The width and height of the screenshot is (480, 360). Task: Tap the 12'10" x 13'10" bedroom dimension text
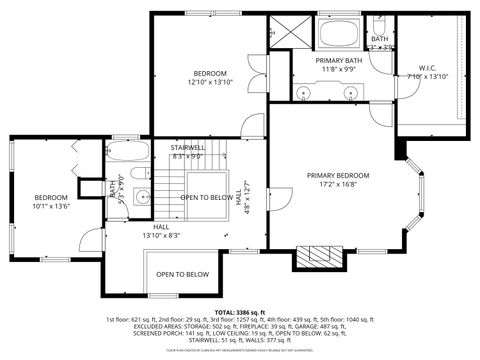pyautogui.click(x=210, y=82)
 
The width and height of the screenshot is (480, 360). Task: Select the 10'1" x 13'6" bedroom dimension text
pyautogui.click(x=52, y=207)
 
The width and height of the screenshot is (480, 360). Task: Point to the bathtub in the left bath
pyautogui.click(x=126, y=155)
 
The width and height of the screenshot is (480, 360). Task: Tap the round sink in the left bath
pyautogui.click(x=140, y=196)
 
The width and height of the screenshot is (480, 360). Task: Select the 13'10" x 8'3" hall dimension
pyautogui.click(x=160, y=235)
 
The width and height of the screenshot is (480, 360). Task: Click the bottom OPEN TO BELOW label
pyautogui.click(x=182, y=274)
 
